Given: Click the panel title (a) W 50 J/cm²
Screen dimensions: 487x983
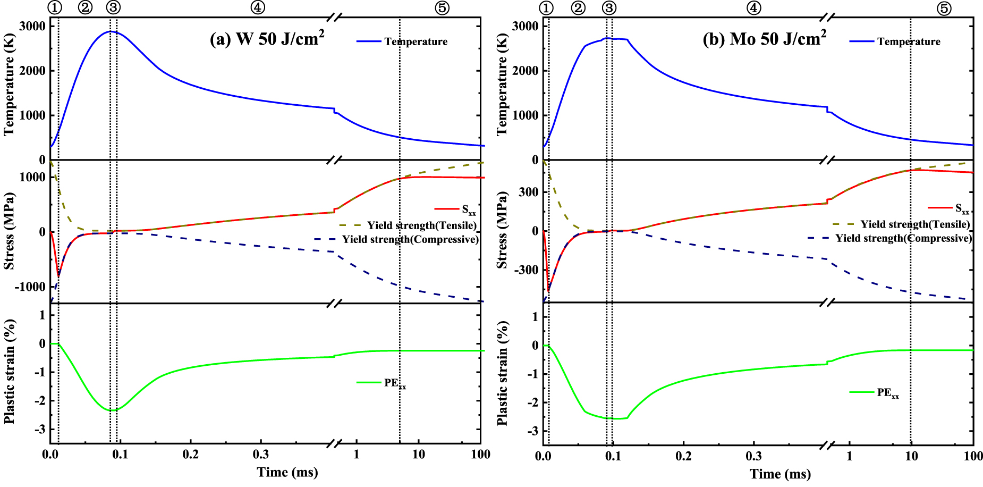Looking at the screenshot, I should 267,39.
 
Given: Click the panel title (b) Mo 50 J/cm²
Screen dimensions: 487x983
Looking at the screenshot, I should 764,39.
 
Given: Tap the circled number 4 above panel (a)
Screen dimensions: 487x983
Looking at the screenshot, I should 258,7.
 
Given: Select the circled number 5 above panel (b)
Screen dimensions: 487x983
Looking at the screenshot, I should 944,9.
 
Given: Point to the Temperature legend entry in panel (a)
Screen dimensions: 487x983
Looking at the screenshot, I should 416,41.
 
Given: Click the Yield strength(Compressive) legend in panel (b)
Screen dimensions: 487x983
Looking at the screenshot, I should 903,238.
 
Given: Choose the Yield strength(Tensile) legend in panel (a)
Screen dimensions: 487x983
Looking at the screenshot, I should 422,225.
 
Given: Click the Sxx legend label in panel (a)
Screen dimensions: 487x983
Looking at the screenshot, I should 469,209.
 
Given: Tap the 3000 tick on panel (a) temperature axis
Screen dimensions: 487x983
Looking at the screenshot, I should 32,26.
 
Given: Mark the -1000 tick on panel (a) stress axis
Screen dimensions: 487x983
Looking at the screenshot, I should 30,287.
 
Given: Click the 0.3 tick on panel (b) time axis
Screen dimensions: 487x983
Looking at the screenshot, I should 753,456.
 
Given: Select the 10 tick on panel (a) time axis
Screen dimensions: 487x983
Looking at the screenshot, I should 419,455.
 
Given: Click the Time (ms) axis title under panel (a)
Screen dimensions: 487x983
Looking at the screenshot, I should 287,472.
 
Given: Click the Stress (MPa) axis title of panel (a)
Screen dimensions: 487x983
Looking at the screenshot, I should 9,231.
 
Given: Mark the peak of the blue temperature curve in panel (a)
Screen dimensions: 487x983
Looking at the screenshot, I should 110,31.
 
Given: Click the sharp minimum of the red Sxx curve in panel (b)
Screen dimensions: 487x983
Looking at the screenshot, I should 548,291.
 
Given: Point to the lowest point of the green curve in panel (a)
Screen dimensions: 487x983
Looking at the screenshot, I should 113,410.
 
